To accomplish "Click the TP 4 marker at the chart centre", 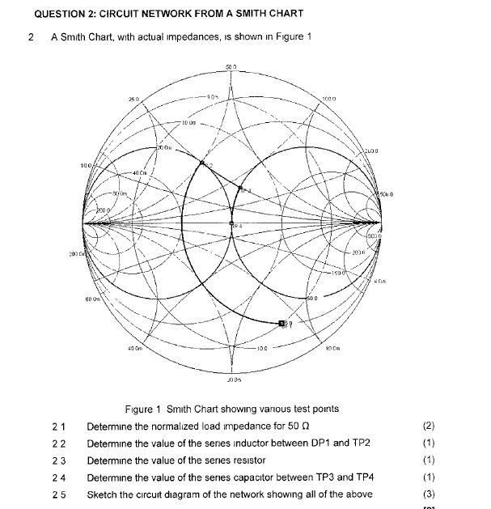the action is point(232,223).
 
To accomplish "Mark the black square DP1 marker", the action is point(282,324).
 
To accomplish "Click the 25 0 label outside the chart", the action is point(133,99).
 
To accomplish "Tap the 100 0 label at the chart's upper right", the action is point(328,99).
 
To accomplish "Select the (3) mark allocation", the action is point(429,494).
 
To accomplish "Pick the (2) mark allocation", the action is point(429,425).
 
